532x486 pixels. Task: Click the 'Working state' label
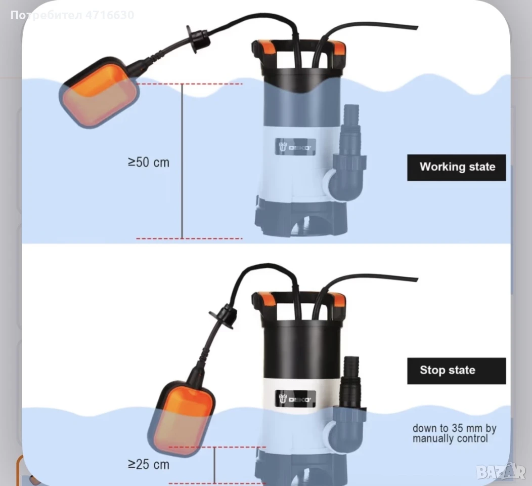[456, 168]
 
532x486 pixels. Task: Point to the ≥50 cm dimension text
[149, 163]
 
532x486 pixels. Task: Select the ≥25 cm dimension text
[149, 464]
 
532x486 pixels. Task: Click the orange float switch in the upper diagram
[99, 93]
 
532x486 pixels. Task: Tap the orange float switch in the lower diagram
[182, 418]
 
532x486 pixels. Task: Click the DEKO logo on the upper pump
[295, 147]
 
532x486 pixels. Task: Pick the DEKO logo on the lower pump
[295, 399]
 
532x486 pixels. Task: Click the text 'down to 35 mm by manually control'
[455, 433]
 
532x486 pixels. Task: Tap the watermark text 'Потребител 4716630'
[72, 15]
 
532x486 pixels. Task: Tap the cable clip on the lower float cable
[224, 316]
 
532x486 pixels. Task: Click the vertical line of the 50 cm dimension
[182, 161]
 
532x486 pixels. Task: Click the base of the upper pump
[301, 217]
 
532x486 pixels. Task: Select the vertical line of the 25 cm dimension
[215, 466]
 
